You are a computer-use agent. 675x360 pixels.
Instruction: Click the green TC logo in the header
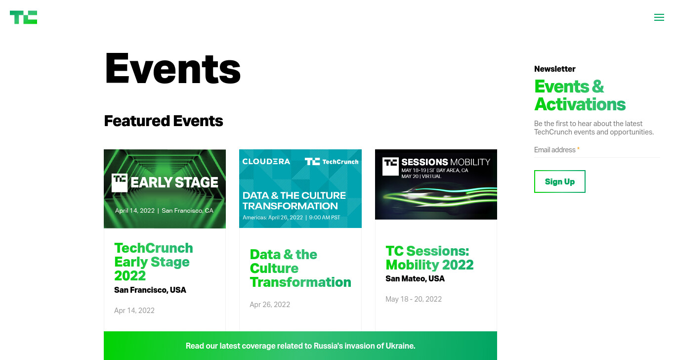pyautogui.click(x=24, y=17)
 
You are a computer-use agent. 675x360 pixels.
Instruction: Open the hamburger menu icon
pyautogui.click(x=659, y=17)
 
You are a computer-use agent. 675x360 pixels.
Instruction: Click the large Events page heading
pyautogui.click(x=172, y=68)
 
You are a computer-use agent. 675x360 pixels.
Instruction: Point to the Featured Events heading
pyautogui.click(x=164, y=121)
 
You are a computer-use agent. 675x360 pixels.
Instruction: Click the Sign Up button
pyautogui.click(x=559, y=181)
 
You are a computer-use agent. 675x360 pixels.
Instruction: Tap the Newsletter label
pyautogui.click(x=555, y=69)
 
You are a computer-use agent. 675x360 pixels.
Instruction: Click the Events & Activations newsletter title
pyautogui.click(x=580, y=95)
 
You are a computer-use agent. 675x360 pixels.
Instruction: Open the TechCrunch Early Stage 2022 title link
pyautogui.click(x=153, y=262)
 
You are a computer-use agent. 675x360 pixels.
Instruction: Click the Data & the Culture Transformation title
pyautogui.click(x=300, y=269)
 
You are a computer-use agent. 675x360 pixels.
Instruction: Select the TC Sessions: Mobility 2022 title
pyautogui.click(x=430, y=258)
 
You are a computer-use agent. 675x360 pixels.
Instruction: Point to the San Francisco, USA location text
pyautogui.click(x=150, y=290)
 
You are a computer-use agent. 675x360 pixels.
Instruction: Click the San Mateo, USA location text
pyautogui.click(x=415, y=278)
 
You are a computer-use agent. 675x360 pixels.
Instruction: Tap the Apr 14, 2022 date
pyautogui.click(x=134, y=311)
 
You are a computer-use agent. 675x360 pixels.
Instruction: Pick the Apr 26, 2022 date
pyautogui.click(x=270, y=305)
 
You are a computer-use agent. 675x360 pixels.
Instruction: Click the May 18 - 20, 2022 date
pyautogui.click(x=414, y=299)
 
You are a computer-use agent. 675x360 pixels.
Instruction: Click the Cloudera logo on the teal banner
pyautogui.click(x=266, y=162)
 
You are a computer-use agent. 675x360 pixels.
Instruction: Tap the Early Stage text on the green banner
pyautogui.click(x=174, y=182)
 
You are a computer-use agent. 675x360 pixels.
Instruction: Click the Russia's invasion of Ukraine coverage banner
pyautogui.click(x=300, y=346)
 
